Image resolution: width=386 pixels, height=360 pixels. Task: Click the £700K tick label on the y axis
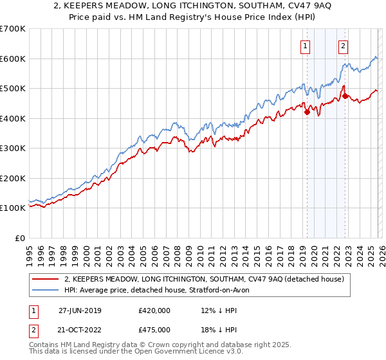[x=12, y=29]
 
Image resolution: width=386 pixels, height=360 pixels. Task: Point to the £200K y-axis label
[x=12, y=178]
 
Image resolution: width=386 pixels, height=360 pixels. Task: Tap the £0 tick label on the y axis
[x=19, y=238]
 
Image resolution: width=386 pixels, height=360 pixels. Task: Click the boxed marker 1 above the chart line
[x=304, y=46]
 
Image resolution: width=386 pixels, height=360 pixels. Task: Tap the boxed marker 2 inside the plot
[x=344, y=46]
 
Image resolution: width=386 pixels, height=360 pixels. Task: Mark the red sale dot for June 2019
[x=307, y=113]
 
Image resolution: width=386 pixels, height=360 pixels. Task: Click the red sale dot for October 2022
[x=345, y=96]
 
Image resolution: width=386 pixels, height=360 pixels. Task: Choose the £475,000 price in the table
[x=154, y=330]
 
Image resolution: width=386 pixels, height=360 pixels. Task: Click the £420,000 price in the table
[x=154, y=310]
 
